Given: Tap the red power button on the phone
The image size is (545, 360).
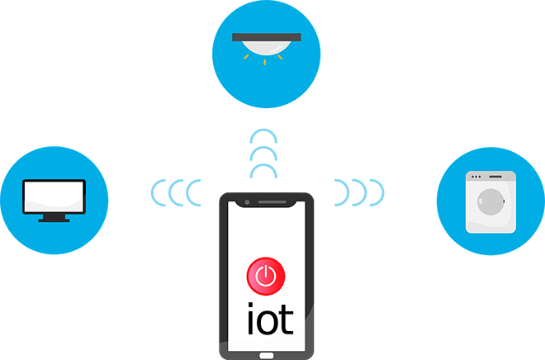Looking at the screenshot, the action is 266,277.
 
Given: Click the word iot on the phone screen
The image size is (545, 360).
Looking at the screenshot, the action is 270,318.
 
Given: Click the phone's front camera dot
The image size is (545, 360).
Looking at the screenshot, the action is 247,202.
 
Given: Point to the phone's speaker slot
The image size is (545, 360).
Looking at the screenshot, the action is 272,202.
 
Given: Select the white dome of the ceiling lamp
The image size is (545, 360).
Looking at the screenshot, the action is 266,48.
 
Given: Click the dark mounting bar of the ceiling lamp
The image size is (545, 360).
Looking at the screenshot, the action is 267,37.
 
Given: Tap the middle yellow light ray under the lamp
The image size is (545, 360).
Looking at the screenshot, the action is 265,62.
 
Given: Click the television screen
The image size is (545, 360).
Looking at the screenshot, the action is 54,197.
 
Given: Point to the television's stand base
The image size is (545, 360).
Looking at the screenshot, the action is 54,220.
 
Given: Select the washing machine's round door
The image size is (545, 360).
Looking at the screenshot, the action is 490,202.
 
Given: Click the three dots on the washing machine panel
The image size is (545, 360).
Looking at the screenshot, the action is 476,177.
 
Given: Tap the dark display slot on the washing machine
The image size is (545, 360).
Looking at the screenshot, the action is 495,177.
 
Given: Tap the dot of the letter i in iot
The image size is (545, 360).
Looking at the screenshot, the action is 250,305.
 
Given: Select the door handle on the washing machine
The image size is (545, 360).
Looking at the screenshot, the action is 504,201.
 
